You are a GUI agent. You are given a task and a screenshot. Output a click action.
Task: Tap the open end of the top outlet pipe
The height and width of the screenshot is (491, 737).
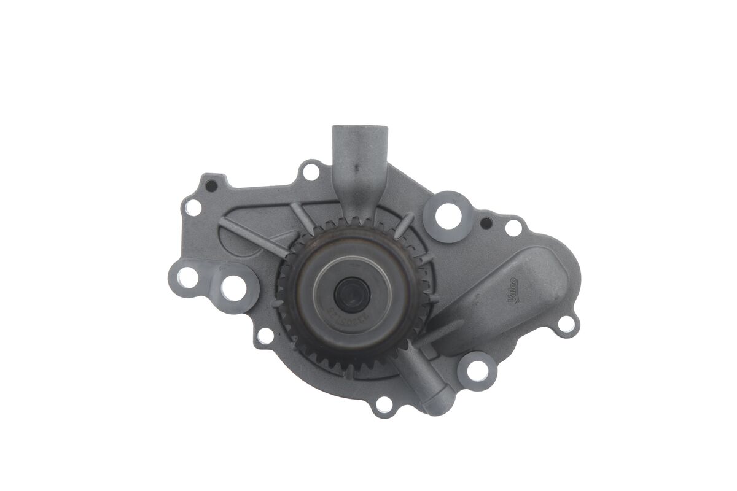click(x=360, y=131)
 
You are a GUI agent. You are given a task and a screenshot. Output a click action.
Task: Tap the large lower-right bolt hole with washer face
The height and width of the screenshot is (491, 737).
click(x=477, y=370)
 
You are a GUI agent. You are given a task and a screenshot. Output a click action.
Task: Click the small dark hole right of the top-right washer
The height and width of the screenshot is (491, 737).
click(x=485, y=222)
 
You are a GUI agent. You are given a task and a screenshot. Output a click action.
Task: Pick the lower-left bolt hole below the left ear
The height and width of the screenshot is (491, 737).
click(x=265, y=336)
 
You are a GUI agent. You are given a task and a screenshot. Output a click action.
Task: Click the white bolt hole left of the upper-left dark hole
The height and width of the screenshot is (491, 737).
click(x=193, y=207)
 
